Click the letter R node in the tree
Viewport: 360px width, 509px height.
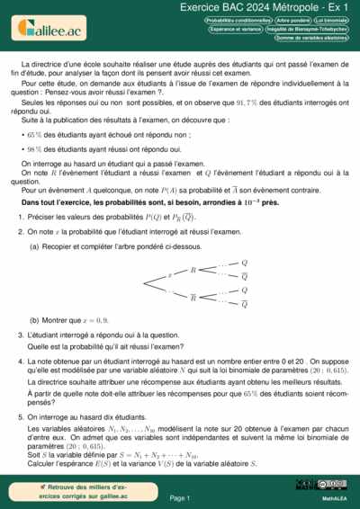(x=193, y=270)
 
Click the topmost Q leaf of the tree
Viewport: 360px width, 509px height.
(x=243, y=262)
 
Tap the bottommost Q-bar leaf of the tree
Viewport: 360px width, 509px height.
(x=243, y=304)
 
